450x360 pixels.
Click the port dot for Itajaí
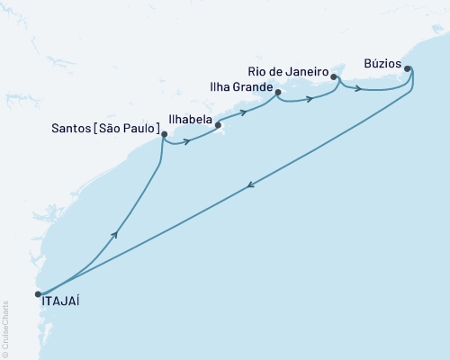(38, 293)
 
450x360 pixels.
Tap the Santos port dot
(163, 135)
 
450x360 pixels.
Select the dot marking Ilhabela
(218, 126)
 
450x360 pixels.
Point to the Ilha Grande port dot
(277, 93)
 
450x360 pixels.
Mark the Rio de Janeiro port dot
(334, 77)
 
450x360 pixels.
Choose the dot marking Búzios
(407, 68)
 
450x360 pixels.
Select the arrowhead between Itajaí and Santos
(115, 234)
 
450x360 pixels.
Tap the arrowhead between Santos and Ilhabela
(186, 141)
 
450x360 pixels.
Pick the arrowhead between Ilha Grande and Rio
(310, 99)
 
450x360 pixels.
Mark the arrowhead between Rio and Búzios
(359, 89)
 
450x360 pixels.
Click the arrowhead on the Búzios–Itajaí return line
(248, 186)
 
